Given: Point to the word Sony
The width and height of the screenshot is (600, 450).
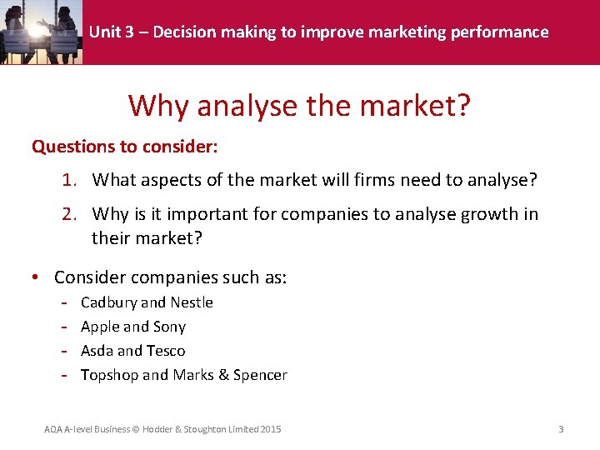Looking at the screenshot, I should tap(169, 327).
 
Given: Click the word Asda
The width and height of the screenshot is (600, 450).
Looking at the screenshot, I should tap(97, 351).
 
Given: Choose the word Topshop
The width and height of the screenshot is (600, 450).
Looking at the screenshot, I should tap(109, 375).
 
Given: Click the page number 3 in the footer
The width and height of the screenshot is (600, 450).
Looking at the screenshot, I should tap(561, 429).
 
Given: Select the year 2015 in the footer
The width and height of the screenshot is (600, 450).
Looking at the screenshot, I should tap(270, 429).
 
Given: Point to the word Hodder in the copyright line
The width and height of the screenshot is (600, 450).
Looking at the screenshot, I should tap(158, 429).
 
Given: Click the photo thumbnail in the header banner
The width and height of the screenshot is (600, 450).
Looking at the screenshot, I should tap(42, 32).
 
